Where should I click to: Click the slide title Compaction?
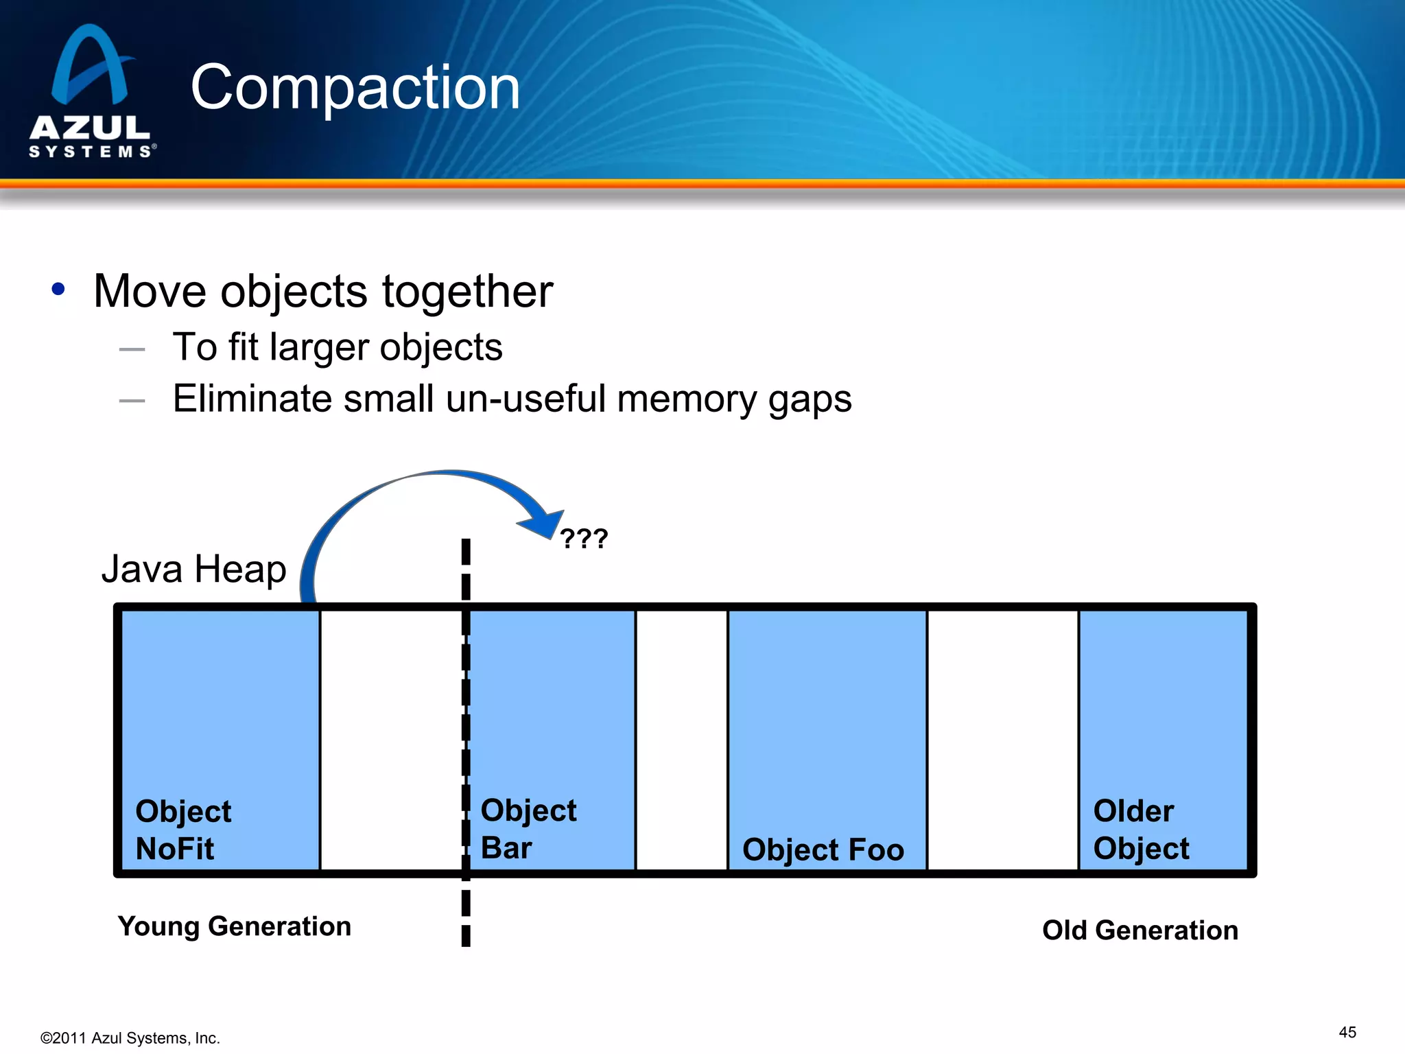click(x=355, y=87)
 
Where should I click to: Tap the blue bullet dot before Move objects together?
click(x=58, y=290)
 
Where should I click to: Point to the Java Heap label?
click(x=193, y=569)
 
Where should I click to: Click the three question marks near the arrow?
click(x=584, y=539)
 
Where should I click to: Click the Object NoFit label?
click(x=182, y=830)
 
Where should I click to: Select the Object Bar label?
click(x=528, y=829)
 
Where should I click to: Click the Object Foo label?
click(x=823, y=850)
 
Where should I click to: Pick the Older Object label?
click(x=1140, y=830)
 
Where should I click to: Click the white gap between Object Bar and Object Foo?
click(x=681, y=740)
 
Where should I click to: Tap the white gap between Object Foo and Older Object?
click(x=1002, y=740)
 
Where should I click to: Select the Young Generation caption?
click(x=235, y=926)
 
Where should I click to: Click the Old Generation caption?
click(x=1140, y=930)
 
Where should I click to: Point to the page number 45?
click(x=1347, y=1032)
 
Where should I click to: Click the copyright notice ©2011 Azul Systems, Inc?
click(x=130, y=1038)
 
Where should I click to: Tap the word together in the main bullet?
click(x=467, y=292)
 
